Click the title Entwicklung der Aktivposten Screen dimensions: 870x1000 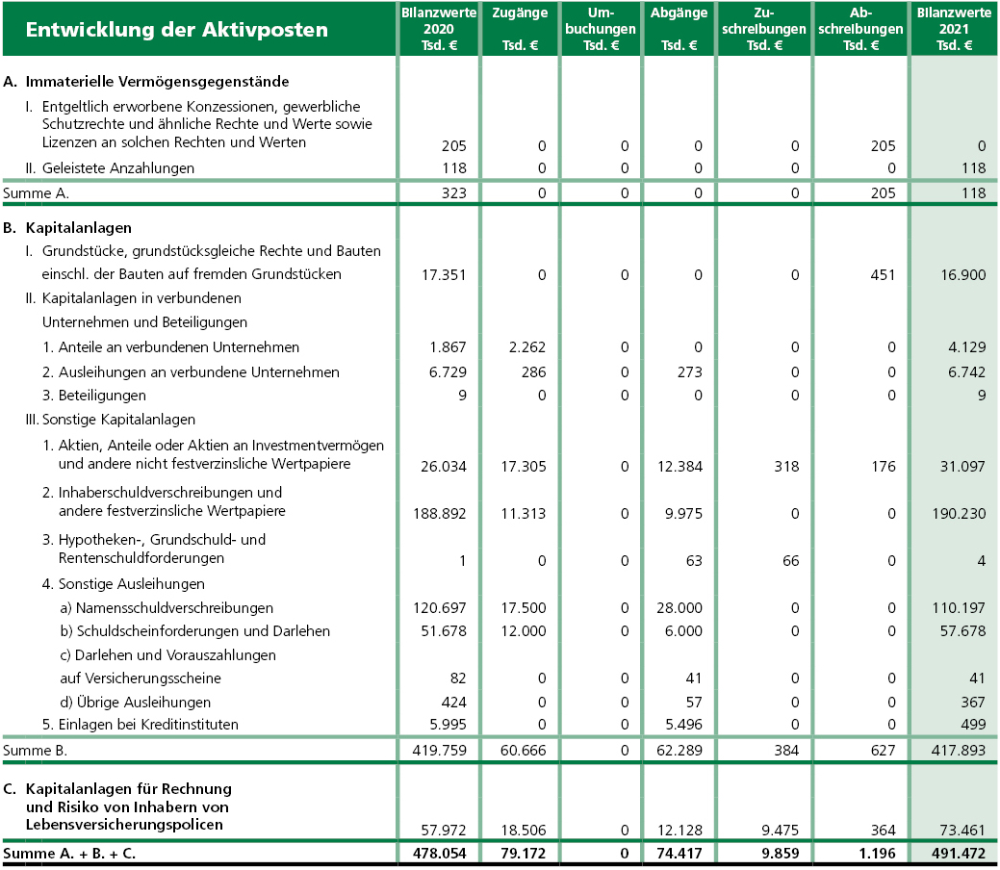coord(176,30)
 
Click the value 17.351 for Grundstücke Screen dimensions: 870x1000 coord(444,275)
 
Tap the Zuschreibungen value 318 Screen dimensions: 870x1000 coord(786,467)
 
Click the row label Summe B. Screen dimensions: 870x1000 coord(37,748)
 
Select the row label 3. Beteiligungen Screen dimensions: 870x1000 coord(94,396)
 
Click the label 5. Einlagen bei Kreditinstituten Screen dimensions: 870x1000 coord(141,725)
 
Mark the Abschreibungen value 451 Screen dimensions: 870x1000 coord(883,275)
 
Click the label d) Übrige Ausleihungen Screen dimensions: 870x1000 coord(136,703)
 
